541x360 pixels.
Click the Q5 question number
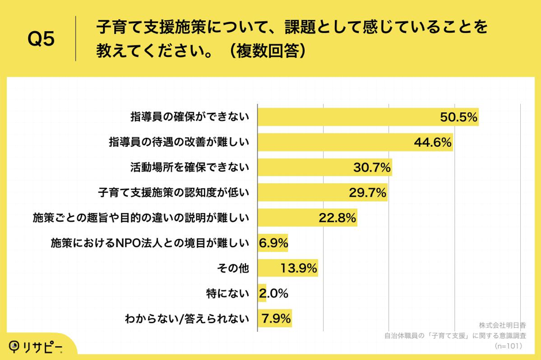click(x=41, y=40)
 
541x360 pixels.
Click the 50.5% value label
click(x=459, y=118)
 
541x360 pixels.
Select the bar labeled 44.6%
click(x=355, y=142)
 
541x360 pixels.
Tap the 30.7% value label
click(x=372, y=168)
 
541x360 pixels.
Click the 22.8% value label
click(x=338, y=218)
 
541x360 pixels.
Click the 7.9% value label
click(x=277, y=319)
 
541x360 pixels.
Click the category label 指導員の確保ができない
click(x=190, y=118)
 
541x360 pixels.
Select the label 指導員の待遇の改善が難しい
click(x=179, y=142)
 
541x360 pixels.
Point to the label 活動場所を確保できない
click(x=190, y=168)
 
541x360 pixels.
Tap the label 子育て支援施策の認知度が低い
click(x=174, y=193)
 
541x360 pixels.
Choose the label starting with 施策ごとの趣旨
click(x=141, y=218)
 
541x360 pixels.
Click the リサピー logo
click(x=36, y=346)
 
